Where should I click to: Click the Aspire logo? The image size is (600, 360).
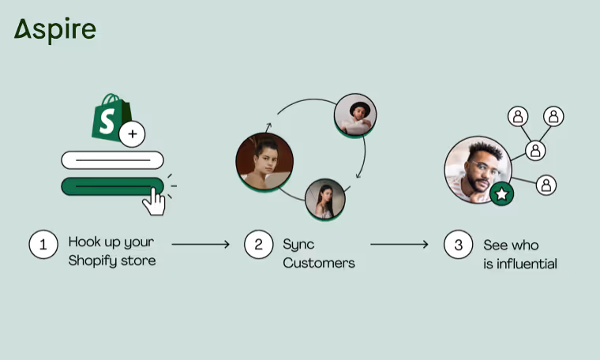tap(54, 30)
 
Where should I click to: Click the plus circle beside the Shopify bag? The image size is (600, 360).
tap(132, 134)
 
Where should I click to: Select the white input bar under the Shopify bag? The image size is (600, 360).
tap(112, 159)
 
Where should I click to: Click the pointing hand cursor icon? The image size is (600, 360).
tap(154, 200)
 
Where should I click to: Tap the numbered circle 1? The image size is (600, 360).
tap(43, 244)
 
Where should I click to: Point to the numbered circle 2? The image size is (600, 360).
tap(257, 244)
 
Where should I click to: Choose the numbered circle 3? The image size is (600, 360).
tap(458, 244)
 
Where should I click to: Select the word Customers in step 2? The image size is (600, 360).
tap(319, 263)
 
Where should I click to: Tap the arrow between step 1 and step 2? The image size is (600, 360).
tap(201, 244)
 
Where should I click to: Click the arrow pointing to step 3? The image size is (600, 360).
tap(399, 244)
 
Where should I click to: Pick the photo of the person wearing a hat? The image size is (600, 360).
tap(355, 115)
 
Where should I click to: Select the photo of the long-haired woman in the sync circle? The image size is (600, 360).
tap(325, 198)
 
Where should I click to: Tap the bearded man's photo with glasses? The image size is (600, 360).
tap(477, 169)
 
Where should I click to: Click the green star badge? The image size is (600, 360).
tap(501, 193)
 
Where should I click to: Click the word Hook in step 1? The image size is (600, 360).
tap(84, 242)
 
